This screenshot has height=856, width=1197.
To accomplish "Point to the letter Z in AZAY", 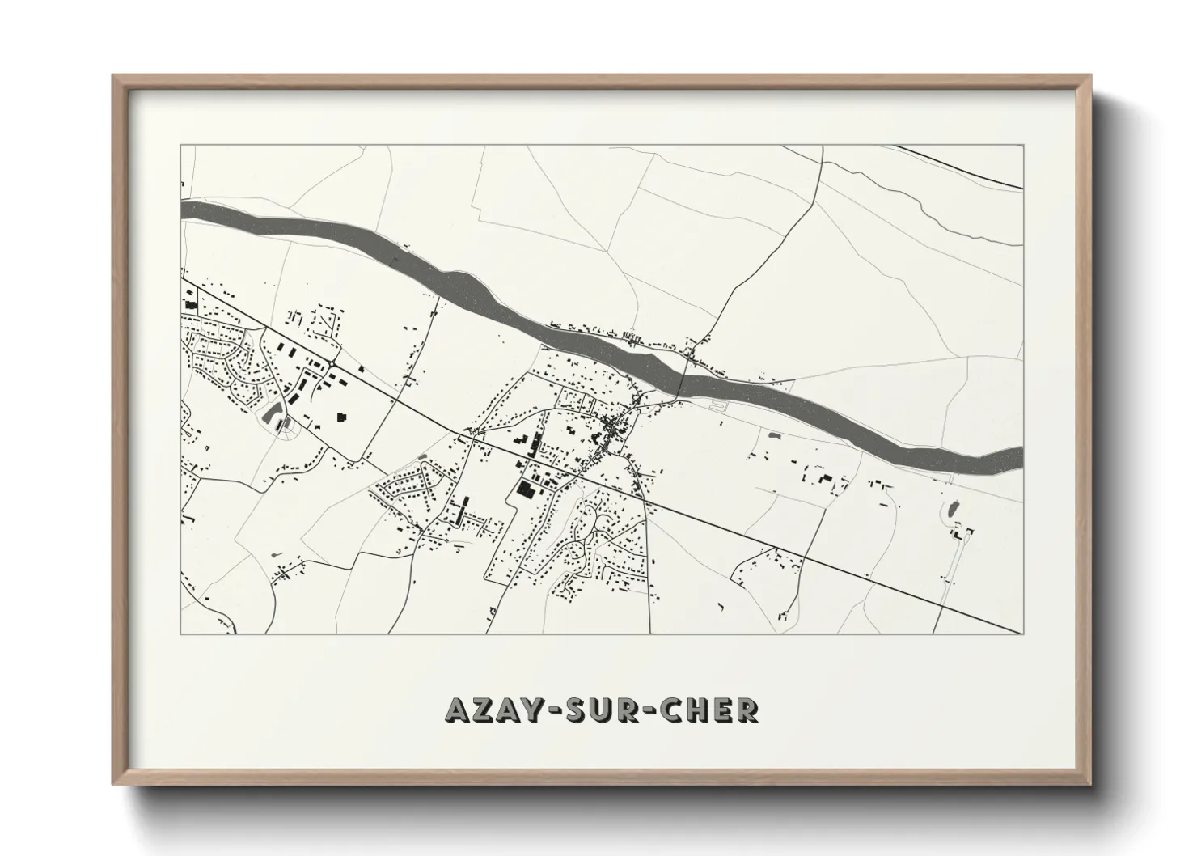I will [480, 710].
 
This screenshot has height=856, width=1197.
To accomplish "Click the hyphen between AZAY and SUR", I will [549, 710].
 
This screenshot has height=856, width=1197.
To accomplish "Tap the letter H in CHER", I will [700, 710].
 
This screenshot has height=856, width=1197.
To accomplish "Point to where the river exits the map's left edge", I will [183, 210].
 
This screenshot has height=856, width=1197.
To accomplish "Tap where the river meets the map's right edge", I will [1021, 456].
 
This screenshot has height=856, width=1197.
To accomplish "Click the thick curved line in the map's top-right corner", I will [962, 166].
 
